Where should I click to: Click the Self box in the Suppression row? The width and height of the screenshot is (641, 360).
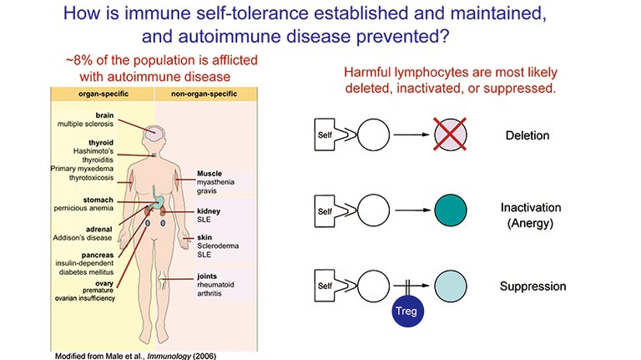(326, 286)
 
